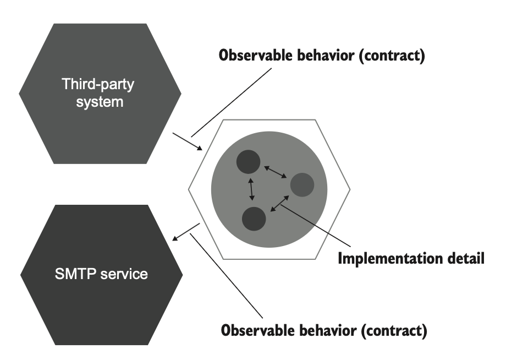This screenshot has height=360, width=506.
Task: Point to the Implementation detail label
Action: [411, 258]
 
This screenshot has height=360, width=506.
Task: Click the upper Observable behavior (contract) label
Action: [322, 56]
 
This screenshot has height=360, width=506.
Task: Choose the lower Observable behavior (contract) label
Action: [324, 331]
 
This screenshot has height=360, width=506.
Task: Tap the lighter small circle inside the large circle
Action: [302, 185]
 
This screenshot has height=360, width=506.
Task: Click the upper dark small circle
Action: [249, 161]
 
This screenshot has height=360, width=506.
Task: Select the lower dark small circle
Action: [254, 218]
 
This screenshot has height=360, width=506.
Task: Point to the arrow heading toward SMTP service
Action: [186, 232]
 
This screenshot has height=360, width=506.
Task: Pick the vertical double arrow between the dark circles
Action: [251, 189]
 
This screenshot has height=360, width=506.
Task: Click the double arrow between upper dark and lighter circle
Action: [275, 171]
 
